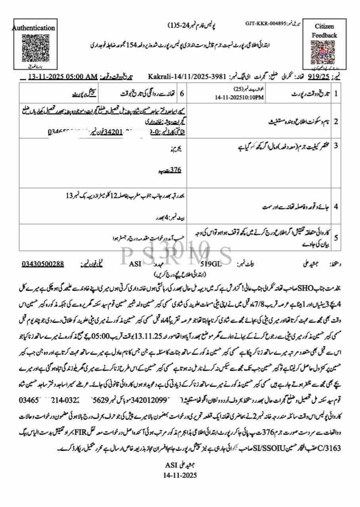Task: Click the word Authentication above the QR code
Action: (x=33, y=28)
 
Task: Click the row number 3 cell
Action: (x=336, y=145)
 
